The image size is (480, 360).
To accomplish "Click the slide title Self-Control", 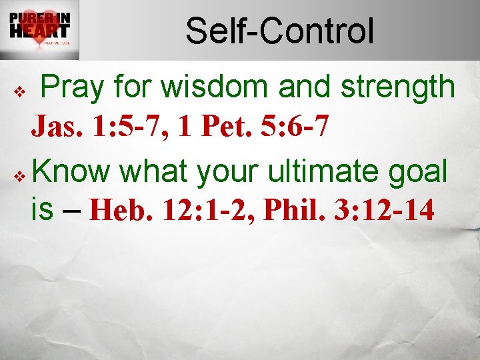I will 279,31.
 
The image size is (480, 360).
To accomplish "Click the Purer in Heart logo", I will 39,29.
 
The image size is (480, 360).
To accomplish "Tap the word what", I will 155,172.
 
